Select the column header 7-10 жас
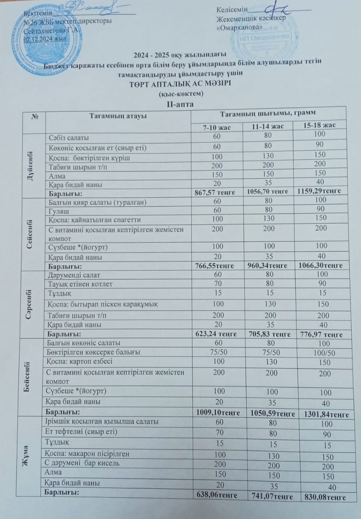pos(217,127)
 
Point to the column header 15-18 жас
pos(320,125)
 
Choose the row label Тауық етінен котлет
pos(80,284)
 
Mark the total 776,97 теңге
pos(321,335)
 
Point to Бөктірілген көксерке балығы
pos(94,352)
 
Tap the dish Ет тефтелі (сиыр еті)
pos(82,432)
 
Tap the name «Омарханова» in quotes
pos(240,27)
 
